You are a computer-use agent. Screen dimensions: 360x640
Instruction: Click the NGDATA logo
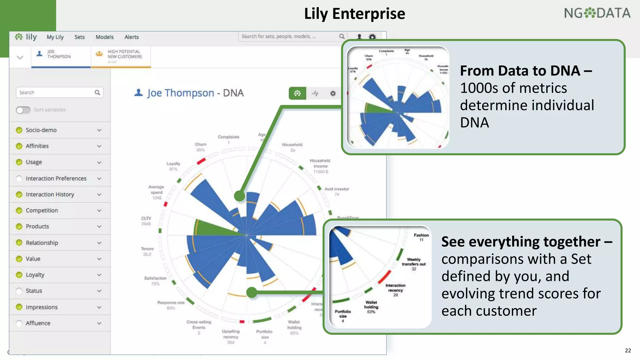pyautogui.click(x=597, y=13)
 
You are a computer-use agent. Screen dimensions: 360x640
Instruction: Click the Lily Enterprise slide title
pyautogui.click(x=354, y=14)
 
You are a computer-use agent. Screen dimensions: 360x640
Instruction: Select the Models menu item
pyautogui.click(x=104, y=37)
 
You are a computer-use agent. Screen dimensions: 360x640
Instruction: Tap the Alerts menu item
pyautogui.click(x=132, y=37)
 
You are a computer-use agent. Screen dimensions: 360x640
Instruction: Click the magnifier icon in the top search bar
pyautogui.click(x=342, y=37)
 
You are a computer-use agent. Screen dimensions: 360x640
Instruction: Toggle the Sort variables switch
pyautogui.click(x=23, y=110)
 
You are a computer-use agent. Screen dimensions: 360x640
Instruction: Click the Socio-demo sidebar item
pyautogui.click(x=41, y=130)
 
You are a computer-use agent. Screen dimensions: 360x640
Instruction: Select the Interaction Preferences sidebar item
pyautogui.click(x=56, y=178)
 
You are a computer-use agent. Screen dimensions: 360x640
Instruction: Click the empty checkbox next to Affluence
pyautogui.click(x=19, y=323)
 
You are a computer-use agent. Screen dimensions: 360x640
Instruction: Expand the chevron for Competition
pyautogui.click(x=99, y=211)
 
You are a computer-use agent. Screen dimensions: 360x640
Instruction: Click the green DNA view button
pyautogui.click(x=297, y=93)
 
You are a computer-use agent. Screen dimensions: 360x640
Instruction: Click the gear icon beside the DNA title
pyautogui.click(x=333, y=93)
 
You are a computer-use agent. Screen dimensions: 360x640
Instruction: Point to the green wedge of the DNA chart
pyautogui.click(x=212, y=228)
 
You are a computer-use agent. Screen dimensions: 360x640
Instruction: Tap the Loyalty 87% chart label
pyautogui.click(x=173, y=166)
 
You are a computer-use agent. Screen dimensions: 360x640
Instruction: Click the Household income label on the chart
pyautogui.click(x=320, y=163)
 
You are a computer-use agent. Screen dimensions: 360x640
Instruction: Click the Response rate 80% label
pyautogui.click(x=171, y=305)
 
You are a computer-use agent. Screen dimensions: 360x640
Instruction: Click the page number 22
pyautogui.click(x=628, y=350)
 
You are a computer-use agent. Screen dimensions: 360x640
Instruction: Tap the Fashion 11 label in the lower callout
pyautogui.click(x=421, y=237)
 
